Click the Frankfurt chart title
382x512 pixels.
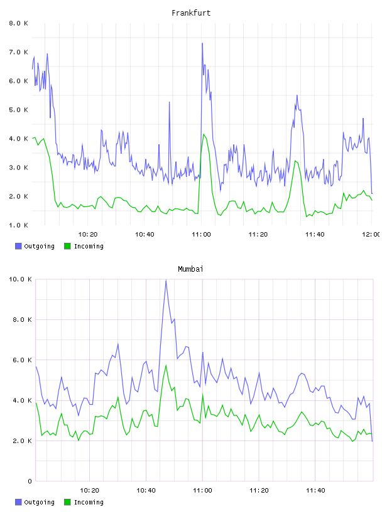pos(191,13)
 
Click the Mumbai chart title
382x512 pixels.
pos(190,269)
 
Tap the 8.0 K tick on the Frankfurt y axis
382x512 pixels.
pos(19,23)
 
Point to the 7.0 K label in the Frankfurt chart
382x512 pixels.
pos(19,52)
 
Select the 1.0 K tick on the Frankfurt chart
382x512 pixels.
pos(19,225)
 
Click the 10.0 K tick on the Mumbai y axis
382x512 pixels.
pos(20,279)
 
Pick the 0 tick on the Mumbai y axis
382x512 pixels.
pos(30,481)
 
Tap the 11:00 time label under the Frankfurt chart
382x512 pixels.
pos(202,234)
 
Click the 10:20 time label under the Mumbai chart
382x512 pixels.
pos(89,490)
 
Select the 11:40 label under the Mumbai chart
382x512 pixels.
pos(315,490)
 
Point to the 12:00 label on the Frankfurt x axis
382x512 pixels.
pos(371,234)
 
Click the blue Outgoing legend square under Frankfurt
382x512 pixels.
pos(18,246)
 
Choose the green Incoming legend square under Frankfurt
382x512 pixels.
pos(67,246)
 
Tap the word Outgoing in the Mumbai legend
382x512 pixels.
pos(39,502)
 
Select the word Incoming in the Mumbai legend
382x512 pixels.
pos(89,502)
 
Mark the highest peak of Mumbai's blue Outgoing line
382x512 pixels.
pos(166,280)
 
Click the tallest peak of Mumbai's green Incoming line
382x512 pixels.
pos(166,365)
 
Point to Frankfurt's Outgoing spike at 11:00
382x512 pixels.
pos(202,43)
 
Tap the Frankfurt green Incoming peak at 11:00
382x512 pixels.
pos(204,134)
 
